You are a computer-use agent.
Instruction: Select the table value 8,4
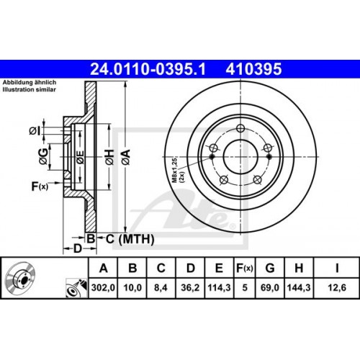tap(161, 290)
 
